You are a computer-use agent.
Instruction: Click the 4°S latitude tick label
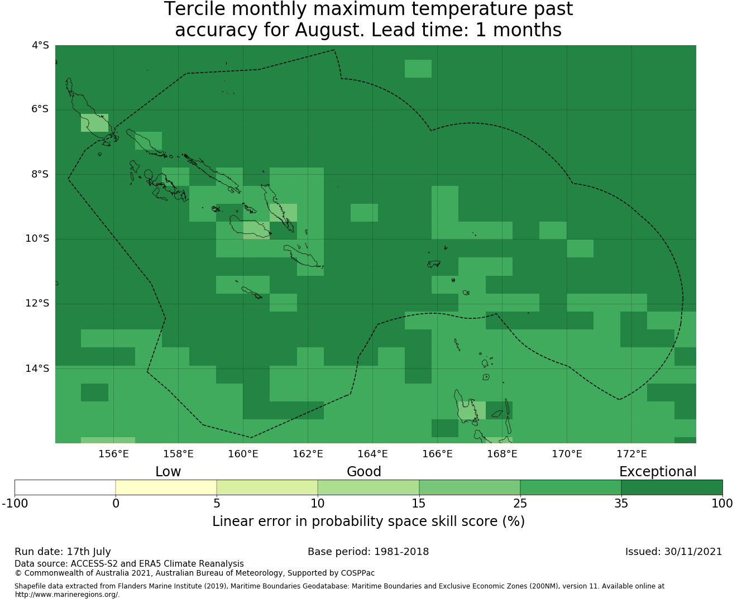pos(40,45)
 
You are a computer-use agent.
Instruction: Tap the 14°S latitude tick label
pos(37,368)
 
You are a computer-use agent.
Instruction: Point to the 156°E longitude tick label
pos(113,454)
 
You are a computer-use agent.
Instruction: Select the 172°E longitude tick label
pos(631,454)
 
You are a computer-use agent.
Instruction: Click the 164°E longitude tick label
pos(372,454)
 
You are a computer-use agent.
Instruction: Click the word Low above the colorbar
pos(168,472)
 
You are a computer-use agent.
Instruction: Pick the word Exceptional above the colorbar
pos(658,472)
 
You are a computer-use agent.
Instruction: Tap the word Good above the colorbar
pos(364,472)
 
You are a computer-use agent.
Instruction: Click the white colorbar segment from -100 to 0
pos(65,487)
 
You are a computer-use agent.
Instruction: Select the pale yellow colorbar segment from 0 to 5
pos(166,487)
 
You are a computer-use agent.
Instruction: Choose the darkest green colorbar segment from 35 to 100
pos(672,487)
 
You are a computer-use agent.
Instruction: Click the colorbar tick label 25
pos(520,504)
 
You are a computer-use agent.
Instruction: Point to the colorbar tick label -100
pos(15,504)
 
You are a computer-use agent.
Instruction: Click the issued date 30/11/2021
pos(693,552)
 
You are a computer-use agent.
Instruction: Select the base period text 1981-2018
pos(401,552)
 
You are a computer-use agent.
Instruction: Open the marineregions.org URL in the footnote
pos(67,595)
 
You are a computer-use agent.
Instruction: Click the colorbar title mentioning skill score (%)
pos(368,521)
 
